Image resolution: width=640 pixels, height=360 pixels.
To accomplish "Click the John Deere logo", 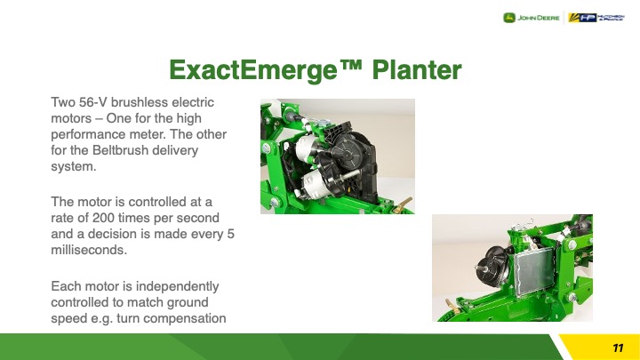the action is coord(531,18).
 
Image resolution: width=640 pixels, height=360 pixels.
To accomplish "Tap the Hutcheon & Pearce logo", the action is coord(596,18).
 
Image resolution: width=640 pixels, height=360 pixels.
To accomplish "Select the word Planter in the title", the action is coord(417,70).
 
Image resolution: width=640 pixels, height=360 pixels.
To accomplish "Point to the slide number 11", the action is coord(618,348).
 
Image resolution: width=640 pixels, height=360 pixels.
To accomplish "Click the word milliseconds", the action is coord(89,250).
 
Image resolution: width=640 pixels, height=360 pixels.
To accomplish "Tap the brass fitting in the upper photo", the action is coord(402,205).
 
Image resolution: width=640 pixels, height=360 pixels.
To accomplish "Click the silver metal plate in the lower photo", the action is coord(534,270).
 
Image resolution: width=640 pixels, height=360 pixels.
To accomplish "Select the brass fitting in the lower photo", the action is coord(452,306).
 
